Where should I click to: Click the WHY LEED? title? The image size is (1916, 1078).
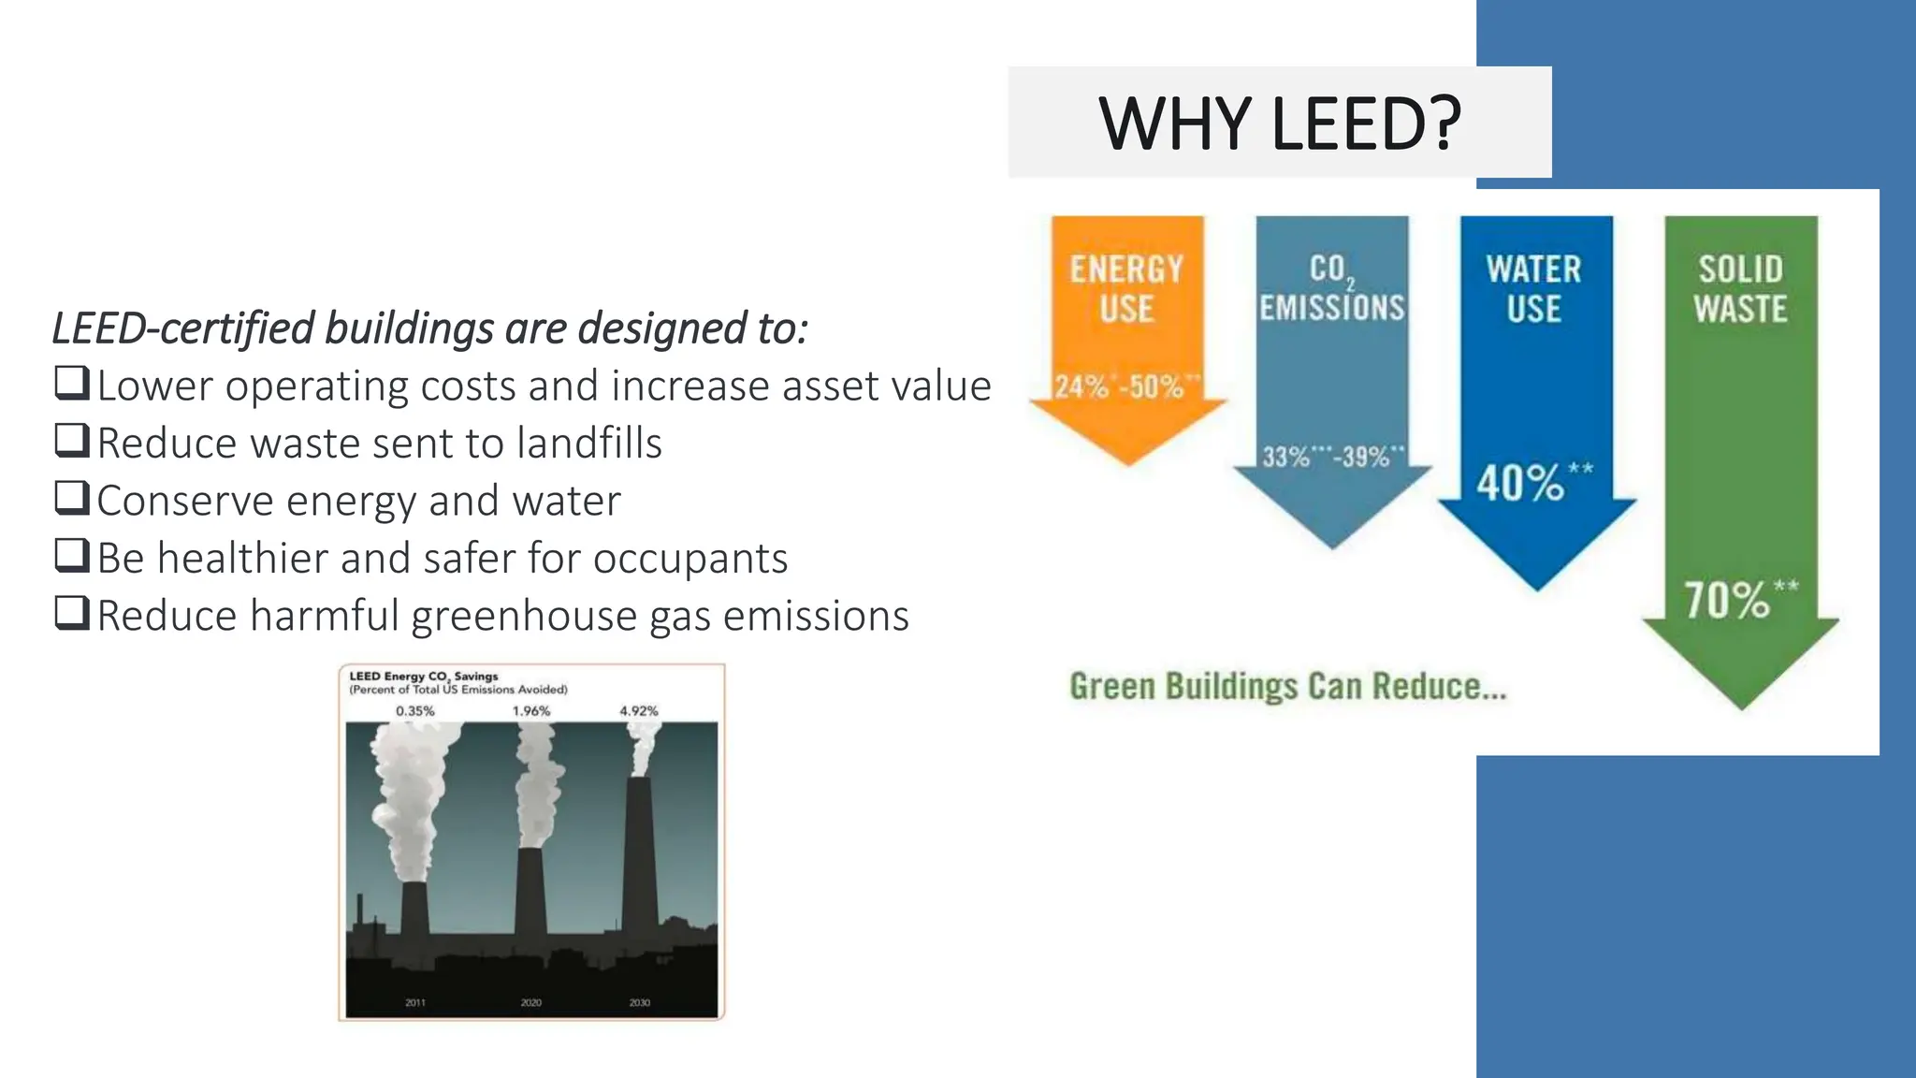tap(1279, 124)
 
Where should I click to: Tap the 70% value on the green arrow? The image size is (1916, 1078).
tap(1728, 600)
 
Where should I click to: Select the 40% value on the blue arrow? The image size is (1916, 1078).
tap(1521, 483)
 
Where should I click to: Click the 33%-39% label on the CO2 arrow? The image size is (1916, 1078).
tap(1332, 458)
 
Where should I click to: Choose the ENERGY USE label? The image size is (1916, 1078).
tap(1126, 289)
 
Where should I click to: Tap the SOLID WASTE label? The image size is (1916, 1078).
tap(1740, 289)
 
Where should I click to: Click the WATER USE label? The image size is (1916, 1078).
tap(1533, 289)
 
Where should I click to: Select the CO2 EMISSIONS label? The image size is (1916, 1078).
tap(1331, 289)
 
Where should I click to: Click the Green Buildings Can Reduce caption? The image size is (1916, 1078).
tap(1287, 687)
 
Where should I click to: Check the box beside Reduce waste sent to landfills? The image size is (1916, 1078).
tap(72, 441)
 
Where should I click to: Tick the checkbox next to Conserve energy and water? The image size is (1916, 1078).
tap(72, 498)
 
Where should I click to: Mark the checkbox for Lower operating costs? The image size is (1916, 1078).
tap(72, 383)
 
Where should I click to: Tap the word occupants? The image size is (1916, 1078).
tap(689, 559)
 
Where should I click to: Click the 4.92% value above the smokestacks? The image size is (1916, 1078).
tap(639, 711)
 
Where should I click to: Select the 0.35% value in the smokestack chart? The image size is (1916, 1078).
tap(415, 711)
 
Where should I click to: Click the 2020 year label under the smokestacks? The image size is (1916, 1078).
tap(531, 1002)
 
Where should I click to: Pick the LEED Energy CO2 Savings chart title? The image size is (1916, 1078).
tap(424, 677)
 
